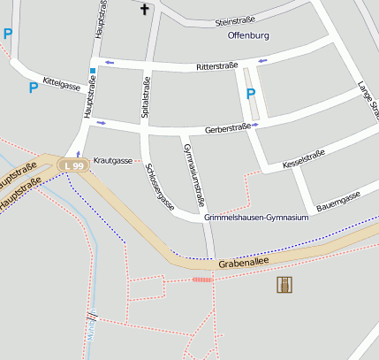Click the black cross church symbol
tap(145, 10)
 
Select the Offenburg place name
tap(248, 36)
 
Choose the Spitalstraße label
tap(146, 97)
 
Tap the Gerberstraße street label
tap(227, 127)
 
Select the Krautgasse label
tap(112, 160)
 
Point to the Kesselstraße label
tap(303, 159)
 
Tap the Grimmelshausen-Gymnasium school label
tap(256, 217)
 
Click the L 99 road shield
tap(72, 165)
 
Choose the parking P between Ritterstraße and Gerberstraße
tap(250, 93)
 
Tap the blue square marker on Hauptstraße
tap(92, 70)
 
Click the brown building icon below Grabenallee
tap(284, 284)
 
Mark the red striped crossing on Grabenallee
tap(202, 280)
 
